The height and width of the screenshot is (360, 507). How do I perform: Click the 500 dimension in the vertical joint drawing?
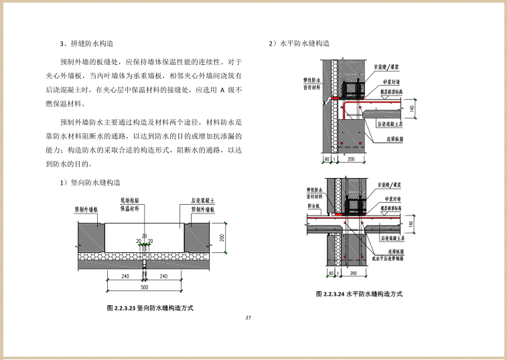[x=145, y=288]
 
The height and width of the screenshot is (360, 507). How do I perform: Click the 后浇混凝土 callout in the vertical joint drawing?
[x=202, y=200]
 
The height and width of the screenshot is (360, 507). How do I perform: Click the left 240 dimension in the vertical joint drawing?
[x=125, y=276]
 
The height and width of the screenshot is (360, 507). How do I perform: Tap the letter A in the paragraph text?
[x=222, y=88]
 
